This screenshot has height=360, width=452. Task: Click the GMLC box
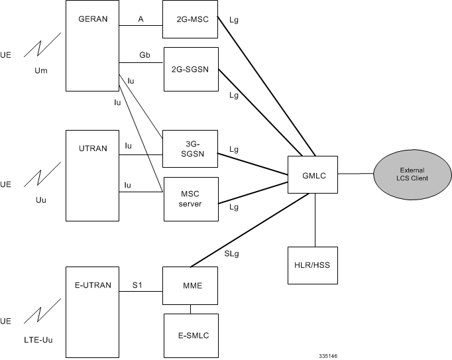point(313,176)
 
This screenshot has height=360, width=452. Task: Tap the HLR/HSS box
point(313,265)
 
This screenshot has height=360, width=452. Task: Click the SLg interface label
point(232,253)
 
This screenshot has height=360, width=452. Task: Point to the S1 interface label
point(137,286)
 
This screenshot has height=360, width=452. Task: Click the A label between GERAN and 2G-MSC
point(141,20)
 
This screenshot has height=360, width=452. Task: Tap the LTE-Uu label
point(33,340)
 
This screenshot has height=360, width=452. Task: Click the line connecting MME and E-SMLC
point(190,308)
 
